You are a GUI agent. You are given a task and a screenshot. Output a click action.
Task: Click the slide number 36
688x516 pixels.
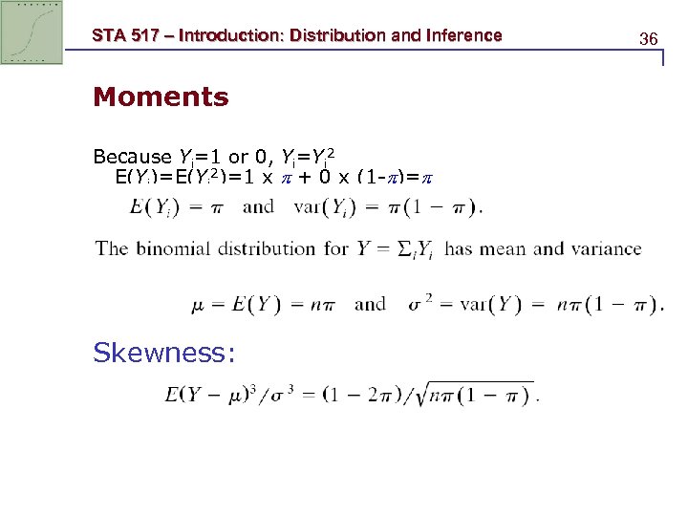click(x=649, y=39)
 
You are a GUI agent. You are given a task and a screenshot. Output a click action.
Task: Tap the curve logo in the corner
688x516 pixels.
click(x=32, y=32)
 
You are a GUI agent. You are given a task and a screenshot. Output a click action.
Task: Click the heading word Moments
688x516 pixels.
click(x=161, y=97)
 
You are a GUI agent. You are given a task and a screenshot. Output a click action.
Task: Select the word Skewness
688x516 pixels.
click(x=163, y=353)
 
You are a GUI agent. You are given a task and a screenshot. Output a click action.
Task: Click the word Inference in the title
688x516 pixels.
click(x=464, y=36)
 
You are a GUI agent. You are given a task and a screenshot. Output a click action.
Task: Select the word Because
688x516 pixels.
click(x=133, y=157)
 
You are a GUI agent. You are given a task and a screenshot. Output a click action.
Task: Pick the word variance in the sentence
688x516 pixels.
click(x=605, y=248)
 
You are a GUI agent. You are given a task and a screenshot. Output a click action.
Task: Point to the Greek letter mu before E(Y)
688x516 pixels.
click(x=199, y=305)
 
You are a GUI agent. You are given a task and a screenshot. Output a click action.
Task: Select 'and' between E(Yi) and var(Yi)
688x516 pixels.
click(x=259, y=205)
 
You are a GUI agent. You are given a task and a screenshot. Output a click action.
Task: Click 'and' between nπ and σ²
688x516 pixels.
click(x=371, y=305)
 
